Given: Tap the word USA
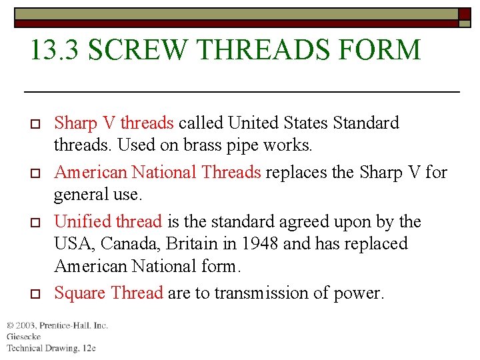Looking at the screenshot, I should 74,244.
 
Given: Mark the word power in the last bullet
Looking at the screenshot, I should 361,294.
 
